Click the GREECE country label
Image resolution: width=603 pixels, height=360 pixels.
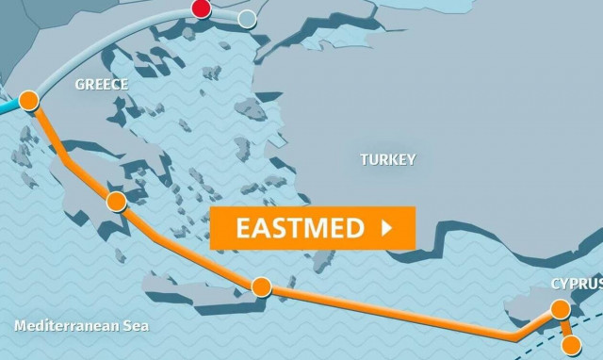coord(101,85)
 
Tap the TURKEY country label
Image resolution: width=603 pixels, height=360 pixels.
coord(387,160)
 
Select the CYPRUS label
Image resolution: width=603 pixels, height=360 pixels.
coord(577,284)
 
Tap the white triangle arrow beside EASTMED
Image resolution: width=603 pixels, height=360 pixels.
coord(384,228)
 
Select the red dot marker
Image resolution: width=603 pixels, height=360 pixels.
coord(201,9)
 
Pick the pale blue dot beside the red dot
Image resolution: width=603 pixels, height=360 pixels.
coord(247,18)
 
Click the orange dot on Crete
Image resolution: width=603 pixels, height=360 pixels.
coord(261,286)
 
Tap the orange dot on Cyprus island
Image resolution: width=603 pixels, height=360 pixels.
coord(560,308)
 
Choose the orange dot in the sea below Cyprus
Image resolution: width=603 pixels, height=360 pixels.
coord(571,345)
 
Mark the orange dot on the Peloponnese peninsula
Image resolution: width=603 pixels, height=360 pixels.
coord(116,201)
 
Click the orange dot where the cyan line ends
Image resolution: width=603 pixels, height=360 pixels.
coord(28,100)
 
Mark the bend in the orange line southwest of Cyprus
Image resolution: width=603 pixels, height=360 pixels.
coord(513,335)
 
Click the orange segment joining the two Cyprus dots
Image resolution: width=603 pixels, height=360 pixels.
coord(565,327)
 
